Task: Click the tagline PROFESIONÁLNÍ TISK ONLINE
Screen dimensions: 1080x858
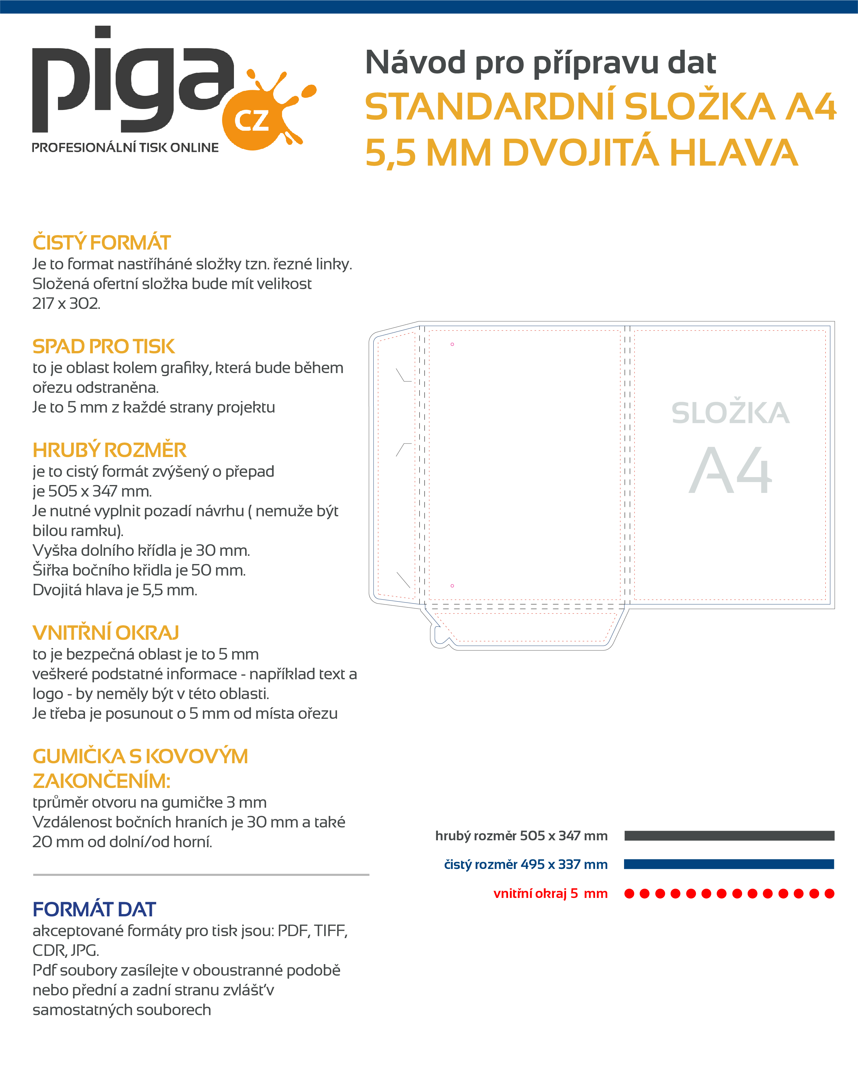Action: [x=125, y=148]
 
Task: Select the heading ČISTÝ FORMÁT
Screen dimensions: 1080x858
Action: [x=102, y=243]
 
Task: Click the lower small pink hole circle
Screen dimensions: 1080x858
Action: [x=452, y=585]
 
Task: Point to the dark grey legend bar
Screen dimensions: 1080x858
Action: [x=729, y=836]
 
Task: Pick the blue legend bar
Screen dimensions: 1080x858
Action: [x=729, y=864]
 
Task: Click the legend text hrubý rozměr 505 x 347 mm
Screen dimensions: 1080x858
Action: [x=521, y=836]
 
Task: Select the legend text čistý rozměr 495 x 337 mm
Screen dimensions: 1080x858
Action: [x=526, y=865]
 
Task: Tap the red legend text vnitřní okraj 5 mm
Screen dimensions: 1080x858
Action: [x=550, y=894]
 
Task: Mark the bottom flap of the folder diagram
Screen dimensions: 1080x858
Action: [x=526, y=629]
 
